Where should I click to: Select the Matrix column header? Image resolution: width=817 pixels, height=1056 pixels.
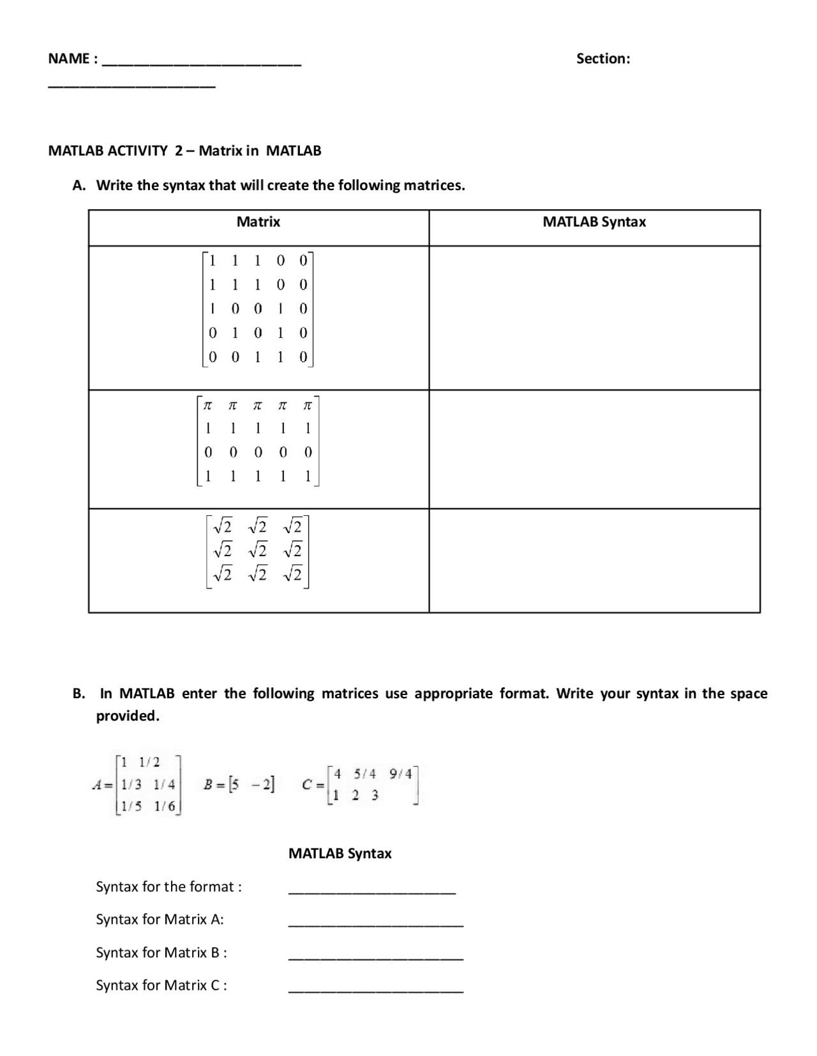pos(258,222)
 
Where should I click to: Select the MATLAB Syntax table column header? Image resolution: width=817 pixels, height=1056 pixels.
pos(594,222)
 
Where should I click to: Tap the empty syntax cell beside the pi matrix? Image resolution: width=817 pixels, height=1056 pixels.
pos(594,449)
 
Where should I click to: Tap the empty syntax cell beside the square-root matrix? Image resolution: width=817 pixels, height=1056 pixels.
pos(594,560)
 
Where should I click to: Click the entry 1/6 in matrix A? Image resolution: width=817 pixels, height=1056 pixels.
pos(164,806)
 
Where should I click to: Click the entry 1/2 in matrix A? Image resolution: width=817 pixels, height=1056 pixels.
pos(149,762)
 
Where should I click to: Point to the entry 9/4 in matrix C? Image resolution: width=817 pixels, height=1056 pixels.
pos(400,774)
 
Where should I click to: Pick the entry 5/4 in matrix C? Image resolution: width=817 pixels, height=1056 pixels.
pos(364,774)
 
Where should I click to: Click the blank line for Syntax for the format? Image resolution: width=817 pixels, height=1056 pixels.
pos(371,891)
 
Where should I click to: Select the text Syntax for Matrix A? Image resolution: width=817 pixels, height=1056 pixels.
pos(160,920)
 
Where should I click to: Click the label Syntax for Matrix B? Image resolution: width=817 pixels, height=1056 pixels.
pos(161,953)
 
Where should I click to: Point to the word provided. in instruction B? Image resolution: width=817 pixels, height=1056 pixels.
pos(128,716)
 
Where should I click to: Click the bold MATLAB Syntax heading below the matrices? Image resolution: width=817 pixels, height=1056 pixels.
pos(340,854)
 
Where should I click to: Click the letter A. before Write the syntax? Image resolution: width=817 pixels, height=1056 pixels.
pos(79,186)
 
